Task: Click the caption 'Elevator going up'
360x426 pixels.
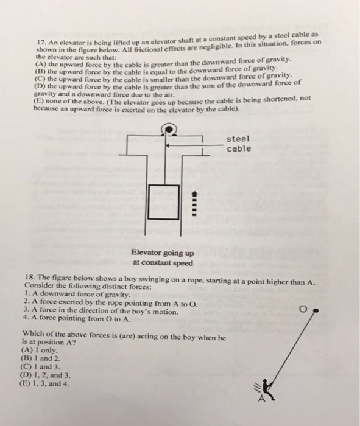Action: pos(163,254)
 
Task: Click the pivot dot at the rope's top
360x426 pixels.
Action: pos(316,310)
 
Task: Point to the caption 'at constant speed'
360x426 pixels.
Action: pos(163,264)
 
